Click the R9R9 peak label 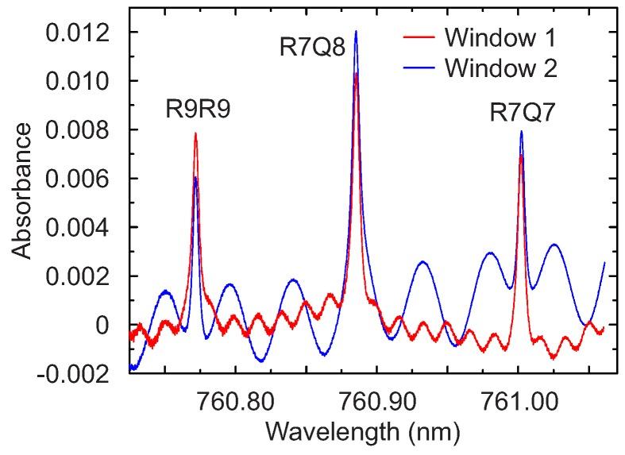(198, 109)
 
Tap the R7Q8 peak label (312, 48)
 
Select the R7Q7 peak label (521, 114)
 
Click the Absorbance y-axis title (22, 191)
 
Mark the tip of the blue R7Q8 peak (356, 32)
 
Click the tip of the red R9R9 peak (195, 133)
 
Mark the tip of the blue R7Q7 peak (521, 131)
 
